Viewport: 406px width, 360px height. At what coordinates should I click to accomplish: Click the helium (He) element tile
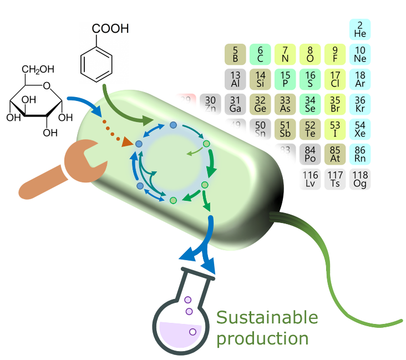point(360,29)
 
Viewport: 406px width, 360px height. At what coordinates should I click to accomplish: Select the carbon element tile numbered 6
point(260,54)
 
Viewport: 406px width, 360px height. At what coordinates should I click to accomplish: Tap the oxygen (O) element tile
point(310,54)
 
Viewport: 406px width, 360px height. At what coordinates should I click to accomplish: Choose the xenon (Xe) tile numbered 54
point(360,129)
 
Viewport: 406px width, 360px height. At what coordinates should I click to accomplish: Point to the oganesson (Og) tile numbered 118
point(360,179)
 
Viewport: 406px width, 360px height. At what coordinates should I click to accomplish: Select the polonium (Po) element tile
point(310,154)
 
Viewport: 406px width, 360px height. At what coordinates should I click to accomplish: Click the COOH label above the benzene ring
point(110,28)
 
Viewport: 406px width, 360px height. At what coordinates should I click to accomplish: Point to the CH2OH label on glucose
point(38,69)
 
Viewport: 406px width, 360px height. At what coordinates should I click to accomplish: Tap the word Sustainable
point(267,318)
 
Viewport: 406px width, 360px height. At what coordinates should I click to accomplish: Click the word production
point(262,338)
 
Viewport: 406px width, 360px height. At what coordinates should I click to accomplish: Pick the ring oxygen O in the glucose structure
point(47,85)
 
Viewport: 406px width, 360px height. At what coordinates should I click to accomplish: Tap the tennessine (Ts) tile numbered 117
point(335,179)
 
